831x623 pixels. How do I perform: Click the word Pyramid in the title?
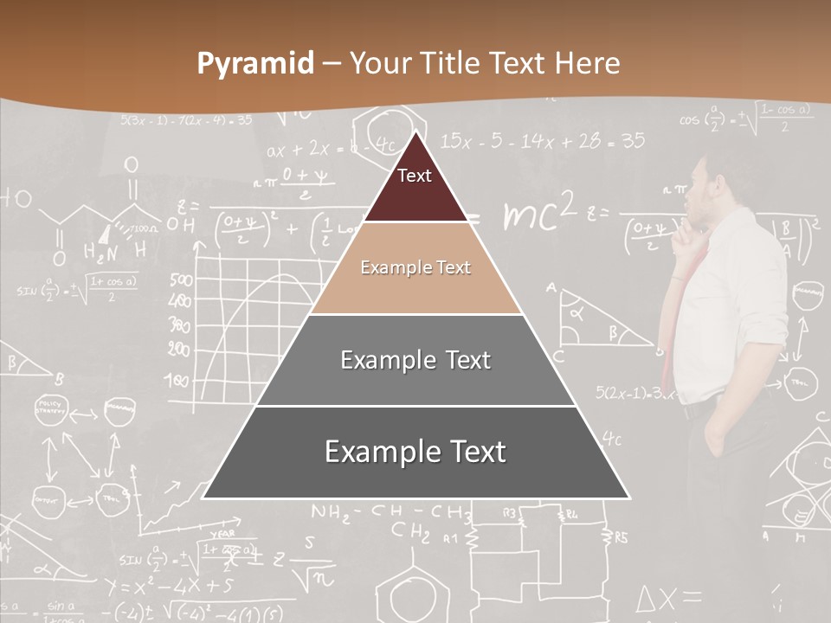click(x=254, y=64)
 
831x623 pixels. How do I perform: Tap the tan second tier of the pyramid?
click(x=415, y=268)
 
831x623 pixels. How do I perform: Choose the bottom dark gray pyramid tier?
click(x=415, y=452)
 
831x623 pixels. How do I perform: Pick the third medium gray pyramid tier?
click(x=415, y=360)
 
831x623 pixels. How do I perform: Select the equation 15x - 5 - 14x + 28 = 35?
click(x=542, y=140)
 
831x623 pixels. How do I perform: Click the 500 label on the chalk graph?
click(x=181, y=280)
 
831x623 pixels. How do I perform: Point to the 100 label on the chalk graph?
click(x=178, y=379)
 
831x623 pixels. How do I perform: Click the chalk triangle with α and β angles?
click(x=592, y=320)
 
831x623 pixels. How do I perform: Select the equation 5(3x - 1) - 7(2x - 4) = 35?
click(x=186, y=120)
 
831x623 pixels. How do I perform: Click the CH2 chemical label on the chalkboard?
click(x=410, y=530)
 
